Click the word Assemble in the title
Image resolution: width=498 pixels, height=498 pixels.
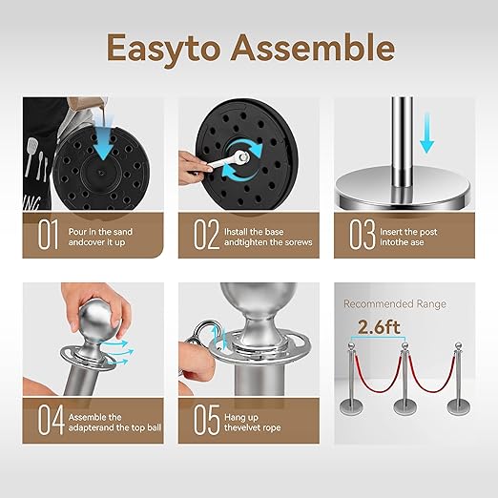(313, 48)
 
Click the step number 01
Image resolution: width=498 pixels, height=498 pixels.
(49, 235)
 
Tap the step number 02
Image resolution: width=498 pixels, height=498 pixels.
(206, 235)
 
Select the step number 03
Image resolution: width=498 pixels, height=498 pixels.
(363, 235)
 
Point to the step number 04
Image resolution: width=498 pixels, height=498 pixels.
(51, 420)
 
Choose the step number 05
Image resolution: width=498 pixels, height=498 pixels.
(207, 420)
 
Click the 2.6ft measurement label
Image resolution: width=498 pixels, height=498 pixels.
(379, 327)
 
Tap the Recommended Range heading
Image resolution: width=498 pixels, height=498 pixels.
(395, 304)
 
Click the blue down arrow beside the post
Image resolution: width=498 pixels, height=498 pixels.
(426, 133)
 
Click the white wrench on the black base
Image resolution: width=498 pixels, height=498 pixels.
(228, 160)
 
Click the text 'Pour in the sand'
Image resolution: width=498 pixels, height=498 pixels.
(100, 232)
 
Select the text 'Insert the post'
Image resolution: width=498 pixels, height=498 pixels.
(408, 232)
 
